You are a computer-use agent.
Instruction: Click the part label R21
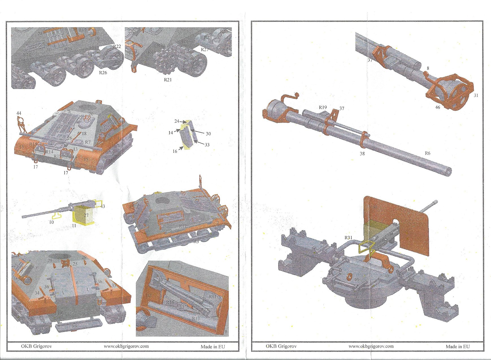pyautogui.click(x=168, y=80)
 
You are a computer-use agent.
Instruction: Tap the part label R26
pyautogui.click(x=103, y=73)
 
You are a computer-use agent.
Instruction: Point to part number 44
pyautogui.click(x=19, y=113)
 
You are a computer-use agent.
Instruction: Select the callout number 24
pyautogui.click(x=177, y=121)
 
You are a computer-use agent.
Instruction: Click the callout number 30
pyautogui.click(x=208, y=134)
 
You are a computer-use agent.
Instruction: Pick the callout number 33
pyautogui.click(x=207, y=145)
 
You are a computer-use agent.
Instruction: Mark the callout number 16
pyautogui.click(x=175, y=151)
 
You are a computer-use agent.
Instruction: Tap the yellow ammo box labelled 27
pyautogui.click(x=84, y=216)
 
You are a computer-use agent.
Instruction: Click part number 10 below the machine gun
pyautogui.click(x=51, y=222)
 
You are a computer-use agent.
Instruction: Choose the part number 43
pyautogui.click(x=103, y=206)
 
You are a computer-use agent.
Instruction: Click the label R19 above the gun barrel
pyautogui.click(x=323, y=108)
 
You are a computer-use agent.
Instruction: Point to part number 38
pyautogui.click(x=362, y=154)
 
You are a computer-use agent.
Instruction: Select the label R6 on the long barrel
pyautogui.click(x=427, y=153)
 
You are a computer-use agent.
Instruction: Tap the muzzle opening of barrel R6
pyautogui.click(x=448, y=171)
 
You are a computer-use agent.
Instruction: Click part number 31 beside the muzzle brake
pyautogui.click(x=476, y=95)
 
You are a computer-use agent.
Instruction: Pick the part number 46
pyautogui.click(x=438, y=107)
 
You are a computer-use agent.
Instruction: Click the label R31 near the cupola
pyautogui.click(x=348, y=238)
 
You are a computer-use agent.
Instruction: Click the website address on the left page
pyautogui.click(x=126, y=346)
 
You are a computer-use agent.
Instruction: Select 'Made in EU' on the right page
pyautogui.click(x=458, y=346)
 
